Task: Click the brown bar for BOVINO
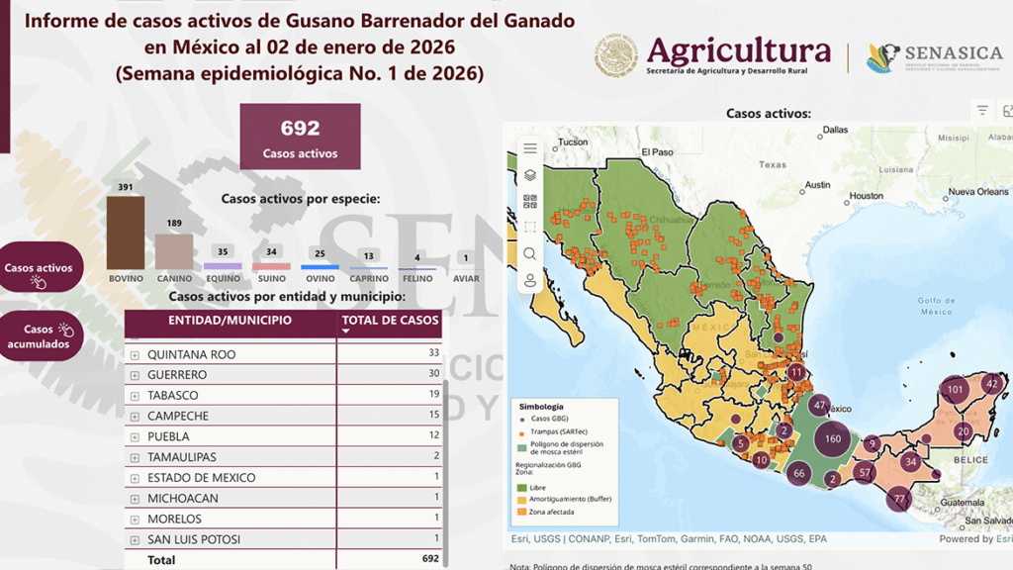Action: (126, 233)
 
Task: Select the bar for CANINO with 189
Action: (174, 251)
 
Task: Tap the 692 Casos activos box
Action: (300, 138)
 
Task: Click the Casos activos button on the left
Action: (41, 268)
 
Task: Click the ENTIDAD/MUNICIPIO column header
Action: (230, 321)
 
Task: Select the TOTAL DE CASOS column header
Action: (390, 321)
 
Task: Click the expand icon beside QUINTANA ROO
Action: (135, 354)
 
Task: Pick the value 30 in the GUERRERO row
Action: (432, 375)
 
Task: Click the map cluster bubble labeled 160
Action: (833, 439)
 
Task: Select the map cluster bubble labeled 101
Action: (955, 390)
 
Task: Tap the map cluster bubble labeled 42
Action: (992, 384)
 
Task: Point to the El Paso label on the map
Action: (657, 152)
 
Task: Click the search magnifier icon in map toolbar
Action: (530, 253)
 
